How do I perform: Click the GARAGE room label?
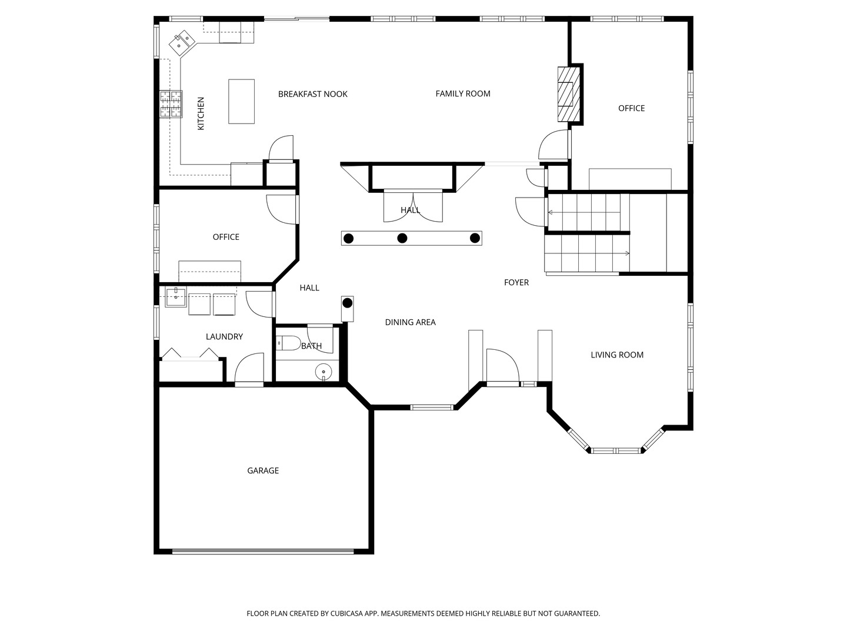[263, 470]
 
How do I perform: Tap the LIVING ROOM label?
[617, 355]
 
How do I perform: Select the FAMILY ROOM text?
[463, 93]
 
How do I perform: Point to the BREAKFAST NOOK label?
[312, 94]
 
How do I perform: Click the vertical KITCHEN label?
[201, 113]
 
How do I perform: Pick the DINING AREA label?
[410, 322]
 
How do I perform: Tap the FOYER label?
[516, 283]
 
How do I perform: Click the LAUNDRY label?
[224, 336]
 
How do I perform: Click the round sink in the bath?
[324, 372]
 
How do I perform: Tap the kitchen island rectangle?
[241, 101]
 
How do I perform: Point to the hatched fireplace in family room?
[568, 94]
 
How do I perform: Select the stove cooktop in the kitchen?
[171, 103]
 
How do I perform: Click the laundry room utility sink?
[175, 298]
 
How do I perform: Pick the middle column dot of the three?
[402, 238]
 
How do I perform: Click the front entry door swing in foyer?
[503, 366]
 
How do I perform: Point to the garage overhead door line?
[263, 551]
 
